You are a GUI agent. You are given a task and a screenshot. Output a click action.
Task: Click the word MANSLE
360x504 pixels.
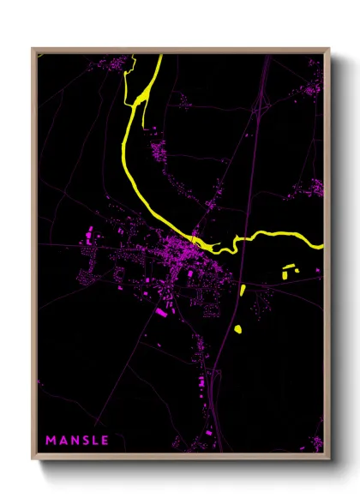coord(77,441)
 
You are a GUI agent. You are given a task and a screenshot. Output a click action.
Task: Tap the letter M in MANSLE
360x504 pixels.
coord(51,441)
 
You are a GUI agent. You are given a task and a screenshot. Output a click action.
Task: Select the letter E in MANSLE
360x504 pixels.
coord(105,441)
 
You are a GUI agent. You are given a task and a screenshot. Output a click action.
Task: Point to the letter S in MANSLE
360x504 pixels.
coord(84,441)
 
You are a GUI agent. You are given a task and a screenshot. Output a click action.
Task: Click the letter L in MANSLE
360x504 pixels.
coord(94,441)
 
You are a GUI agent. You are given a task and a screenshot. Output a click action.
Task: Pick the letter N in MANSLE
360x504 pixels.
coord(74,441)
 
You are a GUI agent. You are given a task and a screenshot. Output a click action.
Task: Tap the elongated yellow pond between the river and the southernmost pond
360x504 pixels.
coord(243,290)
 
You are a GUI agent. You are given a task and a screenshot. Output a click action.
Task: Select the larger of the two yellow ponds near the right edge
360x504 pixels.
coord(286,274)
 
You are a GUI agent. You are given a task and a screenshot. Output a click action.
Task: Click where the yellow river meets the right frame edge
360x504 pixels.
coord(322,246)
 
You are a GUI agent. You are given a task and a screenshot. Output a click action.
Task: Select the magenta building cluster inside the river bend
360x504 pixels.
coord(159,154)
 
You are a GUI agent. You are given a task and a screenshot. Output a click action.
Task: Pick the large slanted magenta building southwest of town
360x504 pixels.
coord(161,313)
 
